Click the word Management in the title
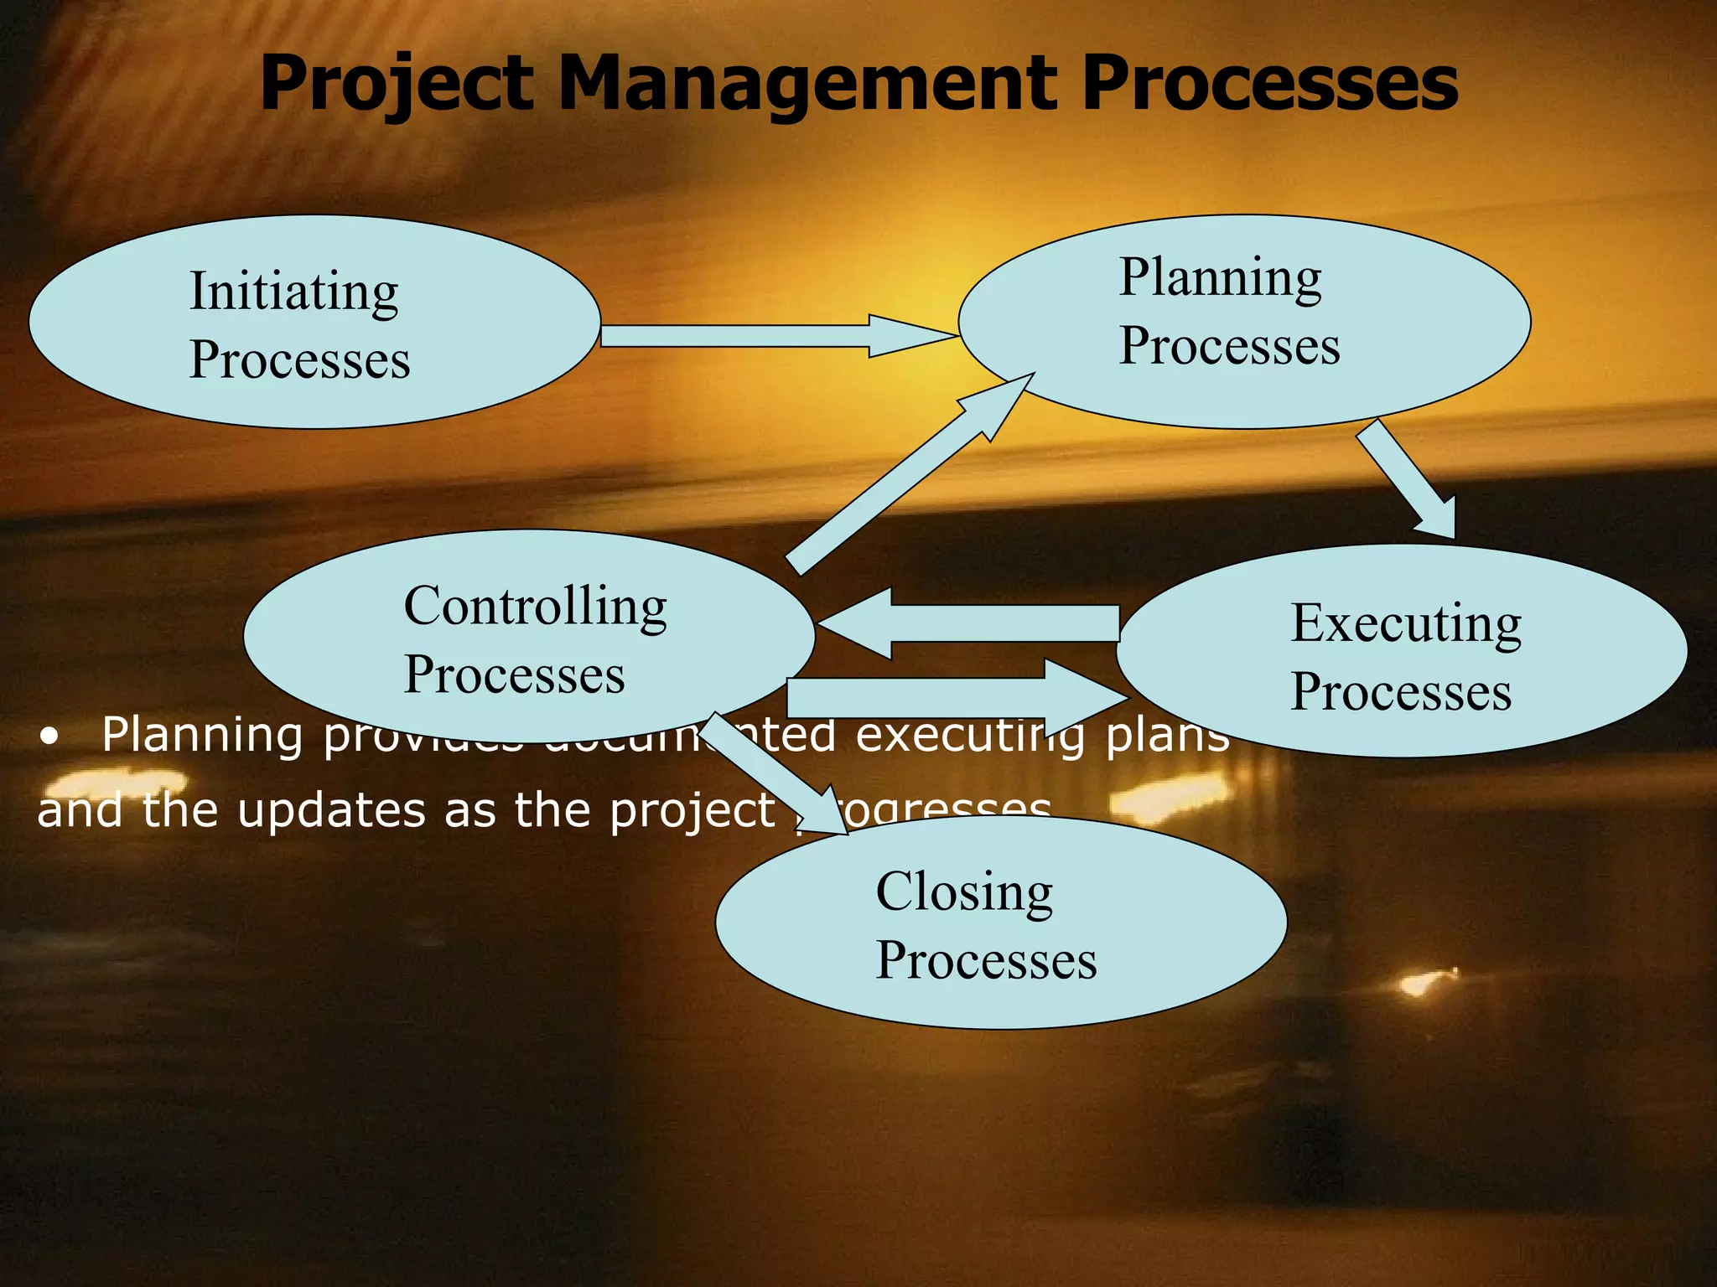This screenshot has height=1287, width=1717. (805, 84)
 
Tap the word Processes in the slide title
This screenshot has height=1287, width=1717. (1269, 84)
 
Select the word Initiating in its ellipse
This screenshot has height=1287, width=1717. (293, 292)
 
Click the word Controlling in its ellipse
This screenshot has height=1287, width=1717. (535, 606)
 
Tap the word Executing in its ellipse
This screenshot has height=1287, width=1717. (1406, 623)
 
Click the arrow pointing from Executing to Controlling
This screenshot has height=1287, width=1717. (964, 623)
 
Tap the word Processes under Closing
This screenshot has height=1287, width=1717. (986, 960)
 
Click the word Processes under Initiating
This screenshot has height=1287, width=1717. (299, 360)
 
